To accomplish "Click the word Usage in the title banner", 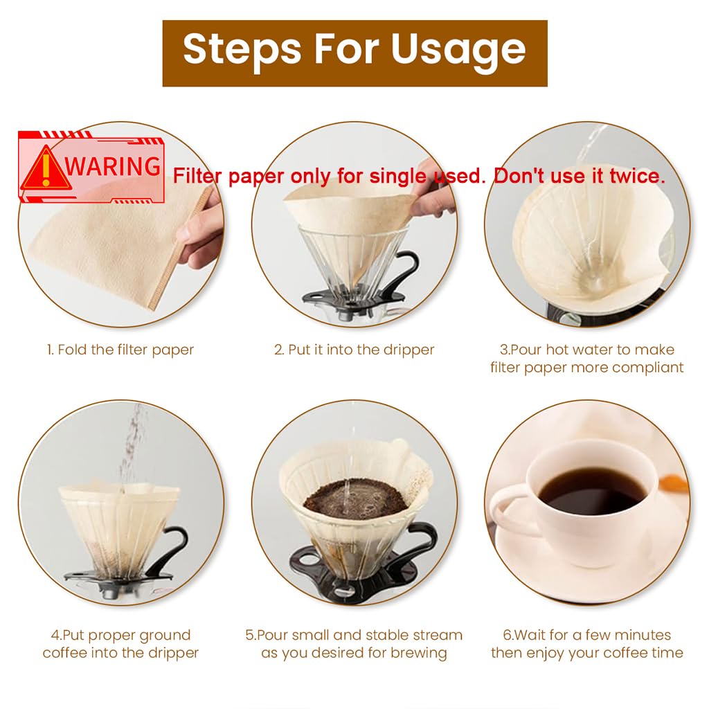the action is pyautogui.click(x=458, y=51).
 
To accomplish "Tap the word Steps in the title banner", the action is pyautogui.click(x=242, y=51).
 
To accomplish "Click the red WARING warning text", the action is pyautogui.click(x=113, y=166).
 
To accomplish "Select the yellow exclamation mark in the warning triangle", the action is pyautogui.click(x=46, y=169).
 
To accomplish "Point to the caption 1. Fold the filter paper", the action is pyautogui.click(x=120, y=350).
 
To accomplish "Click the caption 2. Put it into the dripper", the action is pyautogui.click(x=354, y=350).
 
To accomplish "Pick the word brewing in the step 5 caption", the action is pyautogui.click(x=419, y=654).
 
